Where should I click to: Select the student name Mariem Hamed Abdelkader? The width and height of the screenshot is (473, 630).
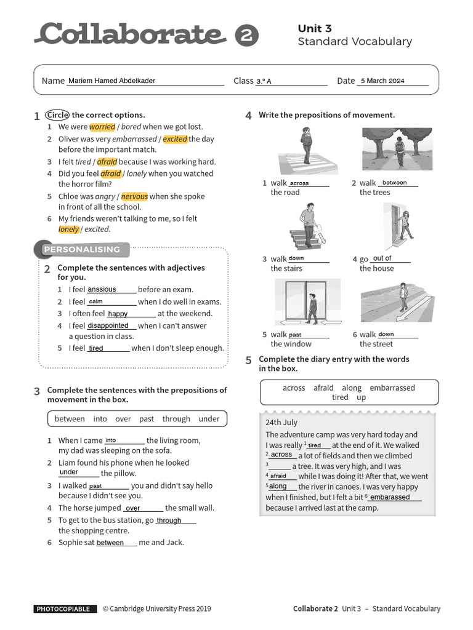coord(111,81)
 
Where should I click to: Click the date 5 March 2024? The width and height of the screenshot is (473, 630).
coord(382,81)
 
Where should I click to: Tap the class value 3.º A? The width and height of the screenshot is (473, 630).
coord(264,81)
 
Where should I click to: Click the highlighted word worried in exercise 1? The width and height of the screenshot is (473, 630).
coord(102,127)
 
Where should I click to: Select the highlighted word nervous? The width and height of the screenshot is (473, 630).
coord(134,196)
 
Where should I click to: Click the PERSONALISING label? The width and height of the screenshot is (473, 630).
coord(81,249)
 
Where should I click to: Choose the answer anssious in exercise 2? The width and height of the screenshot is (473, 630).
coord(102,289)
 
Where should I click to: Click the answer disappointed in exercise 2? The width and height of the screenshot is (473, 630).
coord(108,325)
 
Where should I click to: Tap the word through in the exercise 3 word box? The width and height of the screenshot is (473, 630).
coord(176,419)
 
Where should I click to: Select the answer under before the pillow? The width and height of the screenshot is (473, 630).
coord(69,472)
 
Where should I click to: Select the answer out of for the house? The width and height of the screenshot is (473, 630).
coord(382,258)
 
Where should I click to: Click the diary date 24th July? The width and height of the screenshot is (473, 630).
coord(281,422)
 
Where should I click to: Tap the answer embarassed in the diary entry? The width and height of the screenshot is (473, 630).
coord(390,497)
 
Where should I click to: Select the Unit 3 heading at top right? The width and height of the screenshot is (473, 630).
coord(315,28)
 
